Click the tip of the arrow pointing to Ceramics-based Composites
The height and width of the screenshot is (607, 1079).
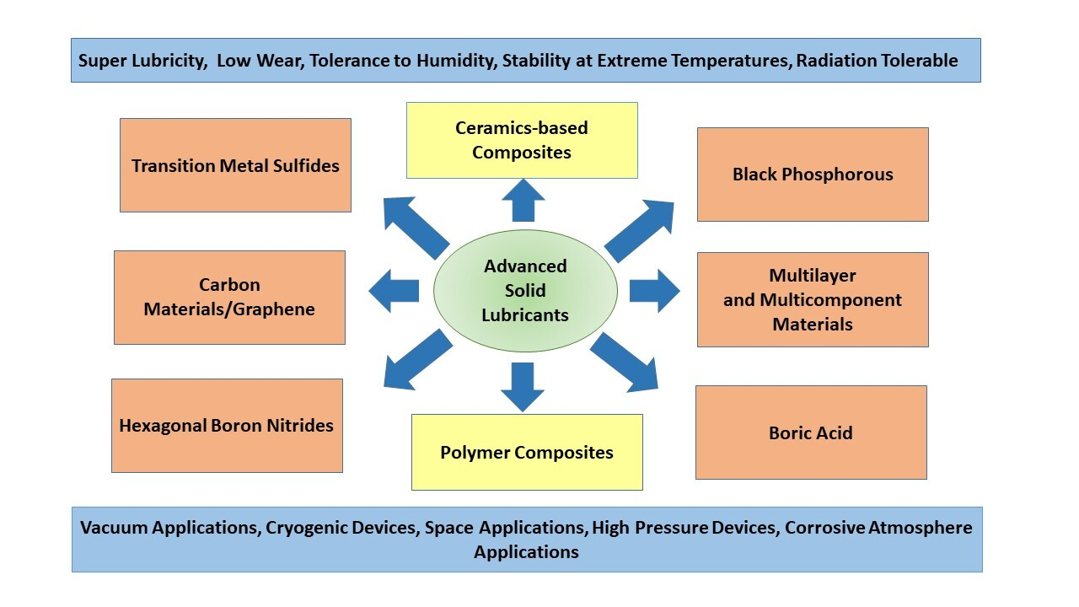coord(523,180)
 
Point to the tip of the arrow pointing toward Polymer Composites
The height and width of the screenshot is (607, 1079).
coord(523,412)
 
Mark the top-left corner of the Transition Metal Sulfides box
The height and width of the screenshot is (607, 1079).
coord(121,119)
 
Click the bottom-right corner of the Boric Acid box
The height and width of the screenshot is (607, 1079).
coord(926,479)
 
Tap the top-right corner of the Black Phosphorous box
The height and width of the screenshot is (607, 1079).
coord(928,128)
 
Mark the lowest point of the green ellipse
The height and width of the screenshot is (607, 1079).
coord(525,352)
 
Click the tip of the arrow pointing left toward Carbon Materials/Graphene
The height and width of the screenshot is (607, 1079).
coord(369,291)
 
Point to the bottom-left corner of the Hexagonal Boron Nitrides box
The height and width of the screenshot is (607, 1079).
coord(112,472)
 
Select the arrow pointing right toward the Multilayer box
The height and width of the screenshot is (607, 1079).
coord(655,291)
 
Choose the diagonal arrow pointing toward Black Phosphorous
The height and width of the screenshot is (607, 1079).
coord(639,231)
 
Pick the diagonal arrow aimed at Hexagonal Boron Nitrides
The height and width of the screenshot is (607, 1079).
coord(418,359)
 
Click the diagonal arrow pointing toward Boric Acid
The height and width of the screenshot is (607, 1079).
coord(624,362)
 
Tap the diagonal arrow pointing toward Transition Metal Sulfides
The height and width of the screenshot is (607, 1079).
coord(416,228)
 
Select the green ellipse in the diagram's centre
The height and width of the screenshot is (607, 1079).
coord(525,291)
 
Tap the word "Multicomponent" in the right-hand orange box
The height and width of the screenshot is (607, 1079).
coord(830,300)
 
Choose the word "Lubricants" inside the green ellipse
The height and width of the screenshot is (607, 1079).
coord(525,315)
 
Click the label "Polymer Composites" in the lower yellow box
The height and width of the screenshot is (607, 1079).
coord(527,453)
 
